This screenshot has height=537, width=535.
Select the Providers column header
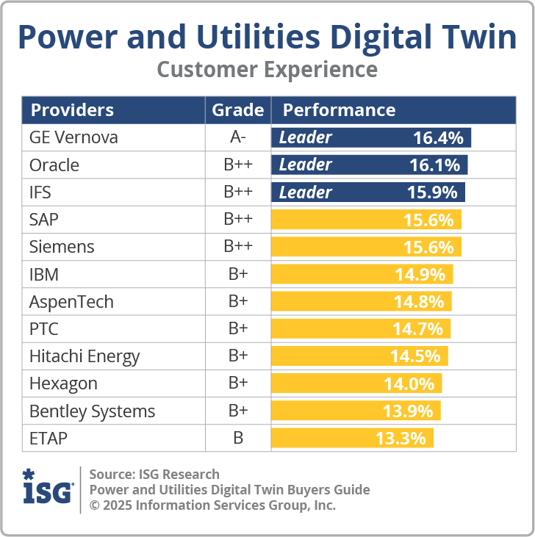click(x=72, y=110)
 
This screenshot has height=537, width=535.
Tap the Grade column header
click(x=237, y=110)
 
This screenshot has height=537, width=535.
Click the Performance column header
click(x=339, y=110)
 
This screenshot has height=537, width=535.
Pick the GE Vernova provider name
click(x=73, y=137)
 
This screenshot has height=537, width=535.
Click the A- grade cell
click(x=237, y=137)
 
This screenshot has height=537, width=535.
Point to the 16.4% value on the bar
click(x=438, y=137)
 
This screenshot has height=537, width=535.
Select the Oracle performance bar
click(x=370, y=165)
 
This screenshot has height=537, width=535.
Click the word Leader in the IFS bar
click(x=305, y=192)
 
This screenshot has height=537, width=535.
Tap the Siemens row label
click(x=62, y=247)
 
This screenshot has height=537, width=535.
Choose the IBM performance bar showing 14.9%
click(x=362, y=275)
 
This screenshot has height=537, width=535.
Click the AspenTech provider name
click(x=71, y=302)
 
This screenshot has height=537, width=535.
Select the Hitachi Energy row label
click(x=85, y=356)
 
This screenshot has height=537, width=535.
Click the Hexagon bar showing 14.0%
click(x=357, y=383)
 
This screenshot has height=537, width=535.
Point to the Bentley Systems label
click(x=92, y=411)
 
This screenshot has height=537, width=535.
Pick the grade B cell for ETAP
click(x=237, y=439)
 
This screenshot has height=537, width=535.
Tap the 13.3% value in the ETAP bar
click(x=401, y=439)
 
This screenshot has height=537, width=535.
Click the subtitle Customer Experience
click(x=267, y=70)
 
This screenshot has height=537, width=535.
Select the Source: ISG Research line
click(x=154, y=474)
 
